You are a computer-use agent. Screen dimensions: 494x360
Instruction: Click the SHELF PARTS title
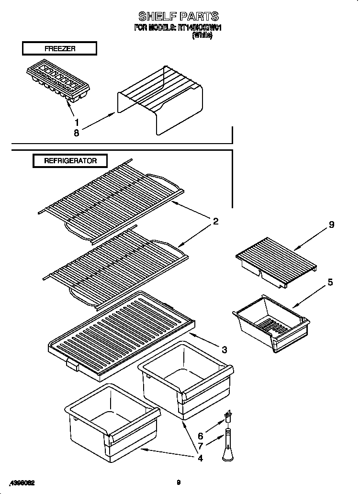[178, 17]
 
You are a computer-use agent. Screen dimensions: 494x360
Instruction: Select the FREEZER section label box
[59, 48]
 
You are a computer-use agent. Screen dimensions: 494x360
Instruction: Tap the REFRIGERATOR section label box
[70, 161]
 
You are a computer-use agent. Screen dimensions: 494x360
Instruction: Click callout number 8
[77, 134]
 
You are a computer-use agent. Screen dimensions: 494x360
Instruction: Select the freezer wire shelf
[160, 101]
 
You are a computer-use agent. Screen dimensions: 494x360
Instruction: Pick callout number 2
[216, 221]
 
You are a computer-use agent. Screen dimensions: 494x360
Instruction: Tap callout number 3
[225, 349]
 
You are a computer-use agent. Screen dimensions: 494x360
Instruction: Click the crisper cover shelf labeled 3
[120, 335]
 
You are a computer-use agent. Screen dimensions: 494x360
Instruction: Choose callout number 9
[331, 225]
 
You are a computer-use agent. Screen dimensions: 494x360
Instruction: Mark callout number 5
[330, 282]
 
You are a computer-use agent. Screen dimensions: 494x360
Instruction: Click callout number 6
[201, 436]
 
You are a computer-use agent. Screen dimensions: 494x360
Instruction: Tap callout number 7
[201, 447]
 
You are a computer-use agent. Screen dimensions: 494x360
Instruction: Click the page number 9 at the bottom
[178, 483]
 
